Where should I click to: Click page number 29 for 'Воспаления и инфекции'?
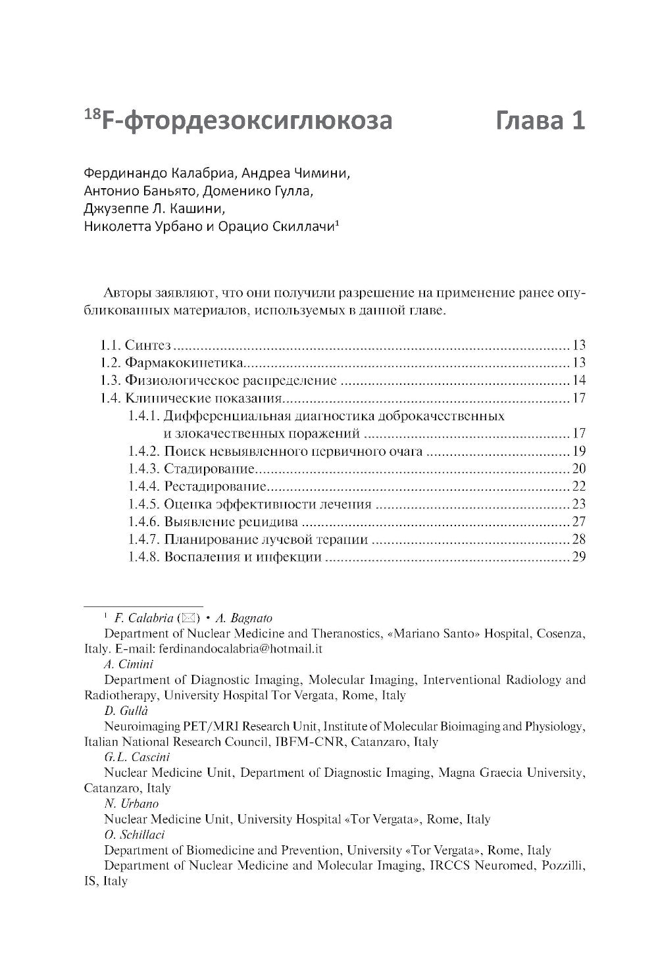click(x=579, y=558)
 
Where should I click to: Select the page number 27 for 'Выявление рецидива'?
click(x=579, y=522)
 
